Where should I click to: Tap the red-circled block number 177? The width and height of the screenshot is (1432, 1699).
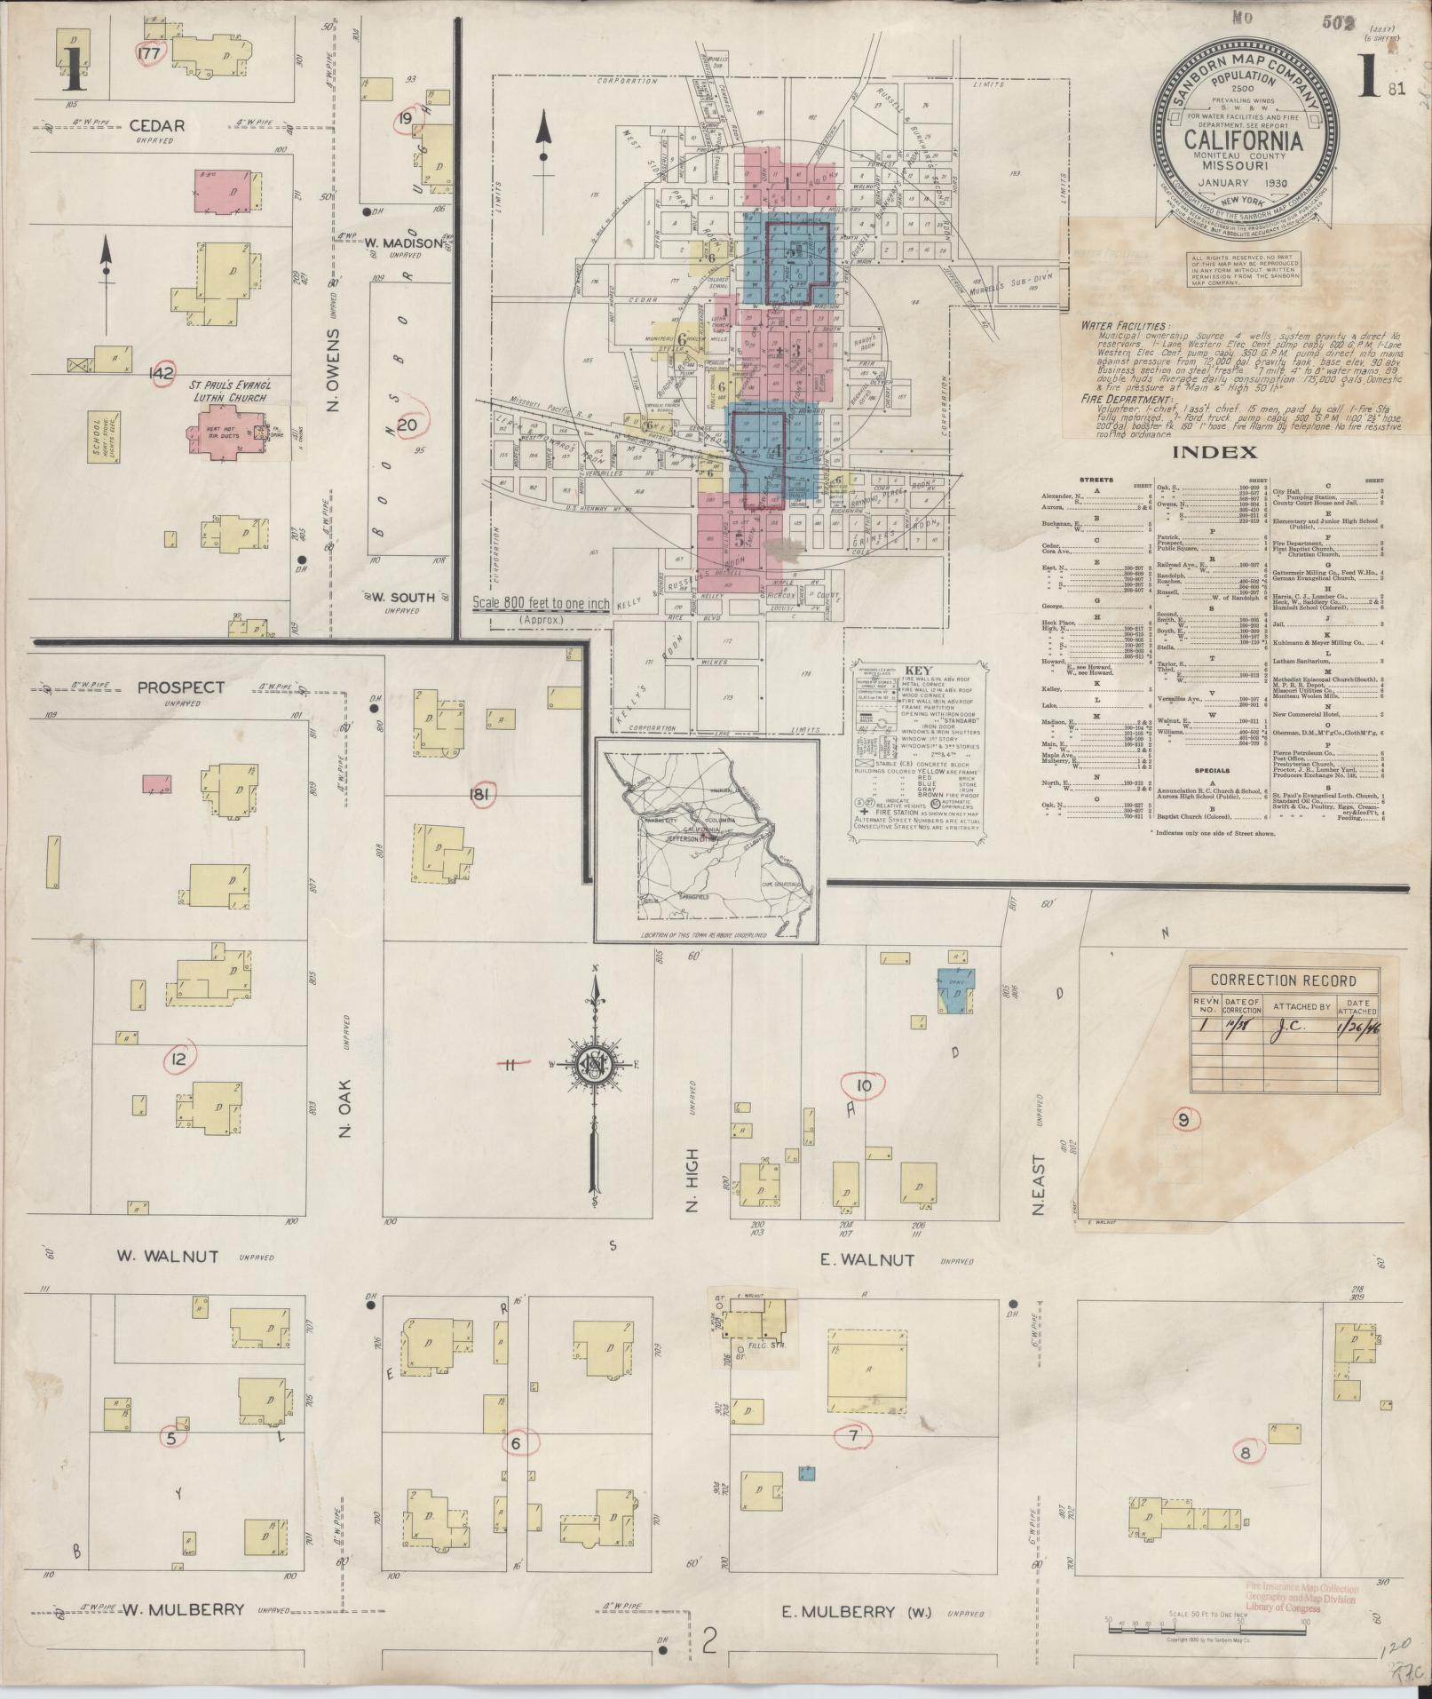coord(149,53)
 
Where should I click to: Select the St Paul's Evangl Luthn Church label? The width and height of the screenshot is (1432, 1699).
coord(225,392)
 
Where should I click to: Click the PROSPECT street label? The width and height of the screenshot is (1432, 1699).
coord(181,687)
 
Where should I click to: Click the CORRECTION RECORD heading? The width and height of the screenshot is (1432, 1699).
coord(1285,980)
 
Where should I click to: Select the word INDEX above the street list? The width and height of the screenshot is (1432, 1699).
coord(1214,452)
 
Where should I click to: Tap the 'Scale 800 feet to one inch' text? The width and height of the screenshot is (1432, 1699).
coord(541,604)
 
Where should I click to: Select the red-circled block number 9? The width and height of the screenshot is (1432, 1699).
coord(1183,1120)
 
